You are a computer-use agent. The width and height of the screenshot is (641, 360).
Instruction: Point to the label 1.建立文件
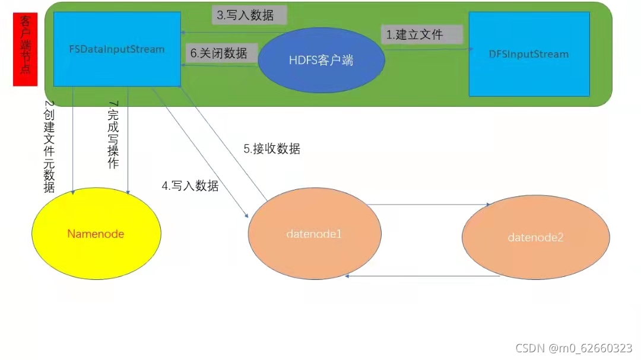(x=415, y=34)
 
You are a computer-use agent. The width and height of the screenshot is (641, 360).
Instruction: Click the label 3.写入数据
(x=245, y=15)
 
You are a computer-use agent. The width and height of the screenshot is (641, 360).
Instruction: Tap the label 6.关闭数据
(x=219, y=53)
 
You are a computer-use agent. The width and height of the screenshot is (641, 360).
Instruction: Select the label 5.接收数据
(x=272, y=149)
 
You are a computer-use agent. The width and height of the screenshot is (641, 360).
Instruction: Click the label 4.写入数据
(x=190, y=186)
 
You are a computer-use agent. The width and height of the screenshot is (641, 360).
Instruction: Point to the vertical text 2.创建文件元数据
(x=49, y=146)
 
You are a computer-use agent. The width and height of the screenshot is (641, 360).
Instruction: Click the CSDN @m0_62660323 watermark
(x=573, y=348)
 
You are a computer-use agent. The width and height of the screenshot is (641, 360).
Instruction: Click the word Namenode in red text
(x=96, y=234)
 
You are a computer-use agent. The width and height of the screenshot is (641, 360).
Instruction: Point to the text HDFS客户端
(x=321, y=60)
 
